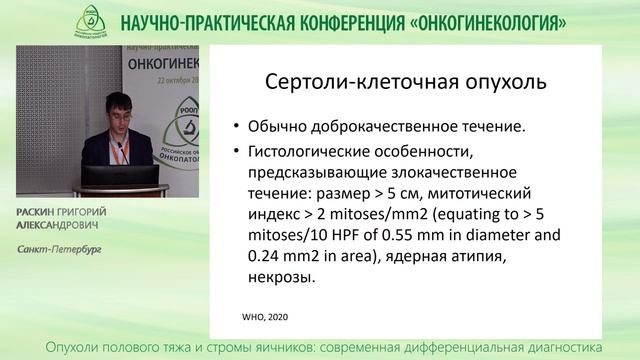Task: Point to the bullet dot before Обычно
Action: tap(234, 128)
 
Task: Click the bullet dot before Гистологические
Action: tap(234, 151)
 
